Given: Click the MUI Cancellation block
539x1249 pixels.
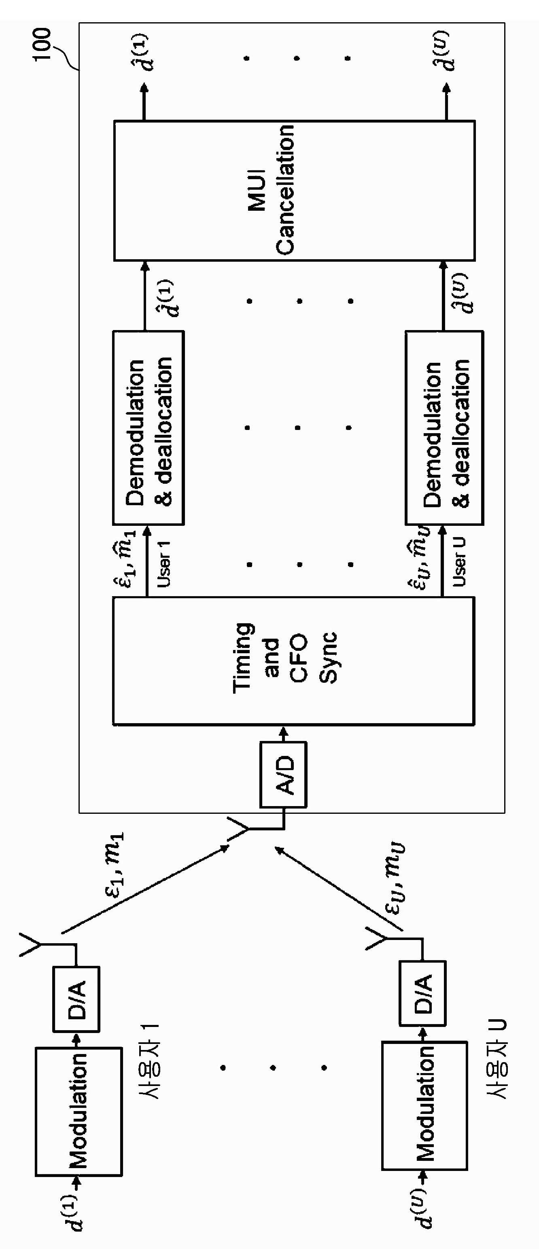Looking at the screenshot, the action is [294, 191].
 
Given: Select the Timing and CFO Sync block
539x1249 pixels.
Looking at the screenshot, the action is [293, 661].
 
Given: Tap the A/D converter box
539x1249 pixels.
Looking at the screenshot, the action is [283, 775].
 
